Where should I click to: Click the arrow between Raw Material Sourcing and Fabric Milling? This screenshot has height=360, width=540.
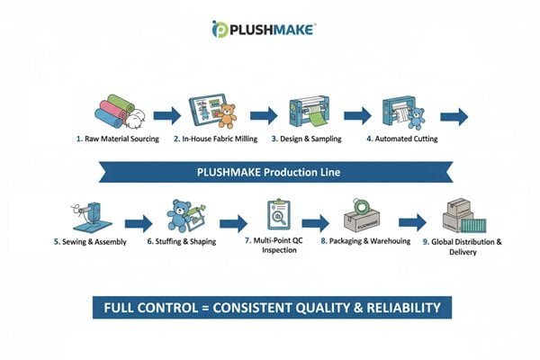pos(166,115)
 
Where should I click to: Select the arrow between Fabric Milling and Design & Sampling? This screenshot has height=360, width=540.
pos(263,115)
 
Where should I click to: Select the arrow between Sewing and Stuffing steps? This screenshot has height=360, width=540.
pos(138,223)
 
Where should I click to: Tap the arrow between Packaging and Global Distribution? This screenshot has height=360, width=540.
pos(413,223)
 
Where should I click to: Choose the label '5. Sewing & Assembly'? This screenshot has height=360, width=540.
pos(90,242)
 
